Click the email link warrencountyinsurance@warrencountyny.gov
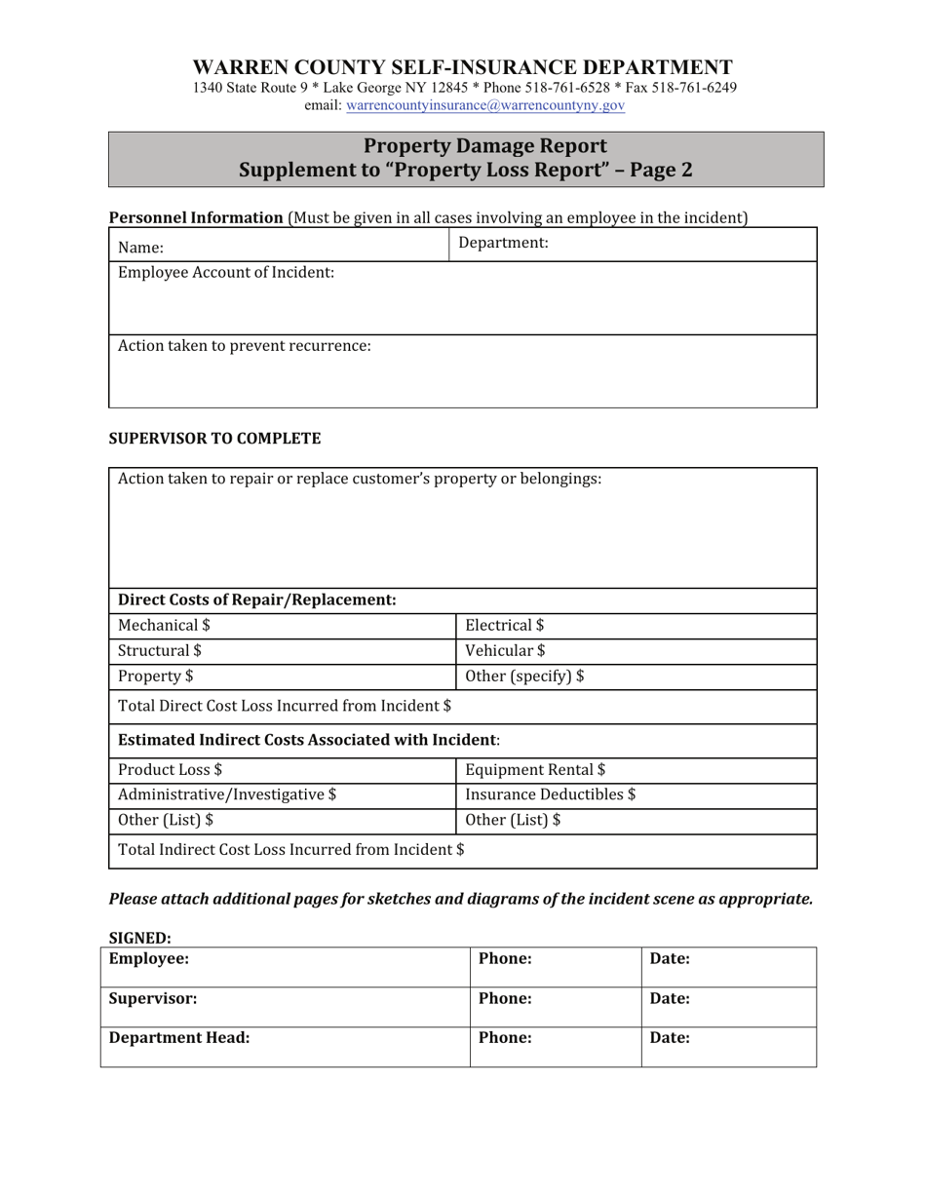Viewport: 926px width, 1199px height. [485, 105]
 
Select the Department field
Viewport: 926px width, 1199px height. [634, 244]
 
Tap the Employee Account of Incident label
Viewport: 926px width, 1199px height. [226, 272]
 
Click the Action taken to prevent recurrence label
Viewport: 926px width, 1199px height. [245, 345]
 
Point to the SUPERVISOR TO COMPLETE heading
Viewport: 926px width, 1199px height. [214, 439]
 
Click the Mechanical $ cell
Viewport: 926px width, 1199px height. [283, 626]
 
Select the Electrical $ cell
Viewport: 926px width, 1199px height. [636, 626]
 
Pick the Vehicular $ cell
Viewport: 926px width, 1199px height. [636, 651]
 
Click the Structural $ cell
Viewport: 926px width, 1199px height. [283, 651]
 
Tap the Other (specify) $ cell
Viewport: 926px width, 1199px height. [636, 677]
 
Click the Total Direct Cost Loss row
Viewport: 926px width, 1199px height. [463, 706]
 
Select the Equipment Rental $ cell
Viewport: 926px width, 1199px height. [636, 770]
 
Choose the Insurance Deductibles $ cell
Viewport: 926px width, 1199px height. [636, 795]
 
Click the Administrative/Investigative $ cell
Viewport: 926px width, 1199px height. [283, 795]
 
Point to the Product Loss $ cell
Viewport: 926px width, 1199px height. [283, 770]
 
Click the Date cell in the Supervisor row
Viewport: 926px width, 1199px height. [728, 1005]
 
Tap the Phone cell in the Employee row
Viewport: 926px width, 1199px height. [555, 966]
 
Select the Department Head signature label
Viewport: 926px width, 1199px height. [179, 1038]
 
